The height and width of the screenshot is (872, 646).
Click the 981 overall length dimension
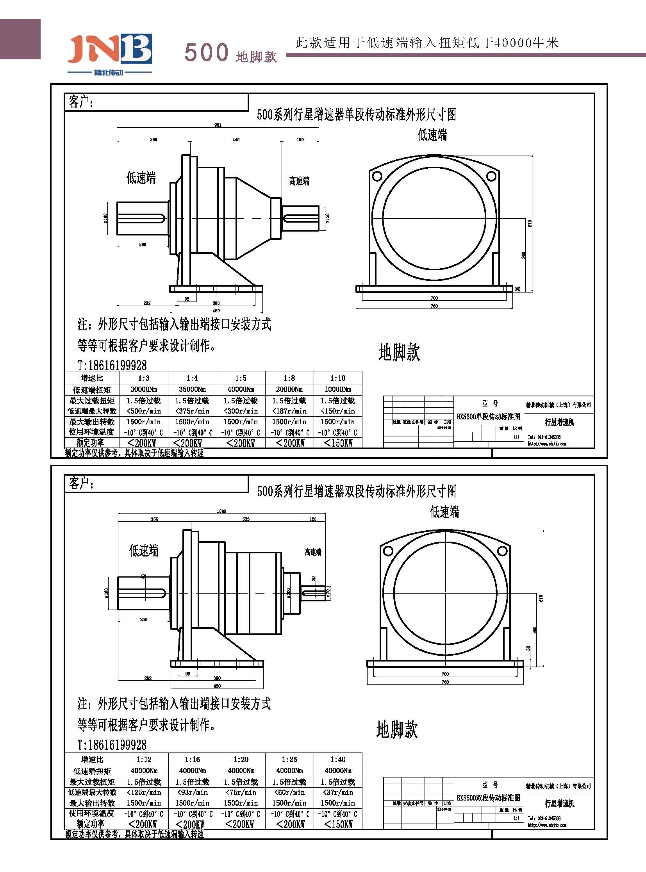point(218,125)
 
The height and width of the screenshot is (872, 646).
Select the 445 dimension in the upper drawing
point(236,139)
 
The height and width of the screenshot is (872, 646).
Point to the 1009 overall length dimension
point(221,511)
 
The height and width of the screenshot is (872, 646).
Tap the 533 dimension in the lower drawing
point(246,519)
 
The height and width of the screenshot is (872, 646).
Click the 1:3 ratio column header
point(143,378)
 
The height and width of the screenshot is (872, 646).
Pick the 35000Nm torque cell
point(192,389)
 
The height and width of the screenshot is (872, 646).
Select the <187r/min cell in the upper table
point(289,411)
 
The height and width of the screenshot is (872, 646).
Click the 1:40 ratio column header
point(337,760)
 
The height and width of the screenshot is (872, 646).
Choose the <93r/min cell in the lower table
point(192,792)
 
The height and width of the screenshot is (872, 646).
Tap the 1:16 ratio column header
point(192,760)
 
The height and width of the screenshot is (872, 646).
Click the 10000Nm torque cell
point(337,389)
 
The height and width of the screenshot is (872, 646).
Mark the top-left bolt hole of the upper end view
point(377,176)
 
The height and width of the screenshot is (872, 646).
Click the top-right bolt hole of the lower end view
point(502,551)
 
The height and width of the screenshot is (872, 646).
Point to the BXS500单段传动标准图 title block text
point(489,416)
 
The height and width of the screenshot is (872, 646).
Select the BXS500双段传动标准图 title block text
point(489,798)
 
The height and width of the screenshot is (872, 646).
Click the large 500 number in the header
point(206,52)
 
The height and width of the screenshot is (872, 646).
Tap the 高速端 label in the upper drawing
point(299,181)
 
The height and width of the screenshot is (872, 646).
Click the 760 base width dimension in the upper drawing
point(434,306)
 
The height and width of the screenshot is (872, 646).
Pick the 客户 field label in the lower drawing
point(81,484)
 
